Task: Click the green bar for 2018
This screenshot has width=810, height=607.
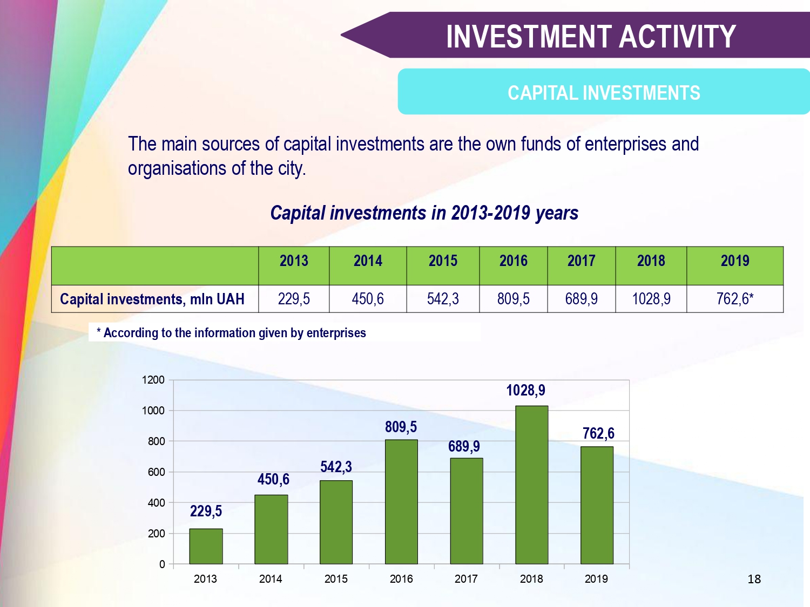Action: (531, 485)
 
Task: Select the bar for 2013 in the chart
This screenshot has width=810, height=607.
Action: (206, 546)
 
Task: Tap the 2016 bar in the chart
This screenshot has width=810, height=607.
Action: (401, 502)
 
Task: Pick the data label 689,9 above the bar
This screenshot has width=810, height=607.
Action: (464, 446)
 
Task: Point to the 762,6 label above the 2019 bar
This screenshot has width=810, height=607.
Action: (598, 433)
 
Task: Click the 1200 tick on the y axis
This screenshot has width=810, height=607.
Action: (153, 380)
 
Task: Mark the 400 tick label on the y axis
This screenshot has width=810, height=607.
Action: (156, 503)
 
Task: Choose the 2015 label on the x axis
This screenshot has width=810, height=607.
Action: (336, 579)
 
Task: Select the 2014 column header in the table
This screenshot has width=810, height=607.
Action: (368, 261)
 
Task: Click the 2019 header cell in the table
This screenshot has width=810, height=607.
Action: (735, 261)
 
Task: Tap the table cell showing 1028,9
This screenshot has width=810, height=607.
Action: (651, 298)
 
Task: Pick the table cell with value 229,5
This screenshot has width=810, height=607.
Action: (294, 298)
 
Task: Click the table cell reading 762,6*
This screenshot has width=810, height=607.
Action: (735, 298)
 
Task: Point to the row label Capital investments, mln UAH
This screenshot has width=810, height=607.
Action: (152, 299)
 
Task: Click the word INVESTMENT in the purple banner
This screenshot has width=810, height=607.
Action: (528, 37)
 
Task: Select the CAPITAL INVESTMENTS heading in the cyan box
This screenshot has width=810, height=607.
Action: (604, 92)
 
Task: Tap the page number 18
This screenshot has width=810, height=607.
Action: (754, 579)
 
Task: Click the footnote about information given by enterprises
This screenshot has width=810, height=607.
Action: (231, 333)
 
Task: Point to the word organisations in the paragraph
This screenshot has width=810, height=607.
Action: (177, 169)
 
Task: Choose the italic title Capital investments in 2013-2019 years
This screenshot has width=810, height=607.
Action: (424, 213)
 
